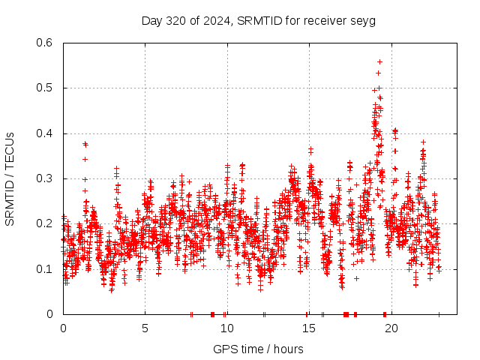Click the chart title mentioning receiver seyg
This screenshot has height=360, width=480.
click(x=258, y=20)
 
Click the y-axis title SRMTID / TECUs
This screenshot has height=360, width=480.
click(x=10, y=179)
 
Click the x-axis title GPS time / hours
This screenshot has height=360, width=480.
click(x=258, y=349)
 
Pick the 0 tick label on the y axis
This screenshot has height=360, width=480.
click(x=50, y=314)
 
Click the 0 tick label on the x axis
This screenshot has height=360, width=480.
click(x=63, y=328)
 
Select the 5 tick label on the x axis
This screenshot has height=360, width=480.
click(x=145, y=328)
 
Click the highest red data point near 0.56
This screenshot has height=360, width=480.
click(x=379, y=61)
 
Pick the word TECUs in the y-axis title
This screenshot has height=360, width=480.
click(x=10, y=148)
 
